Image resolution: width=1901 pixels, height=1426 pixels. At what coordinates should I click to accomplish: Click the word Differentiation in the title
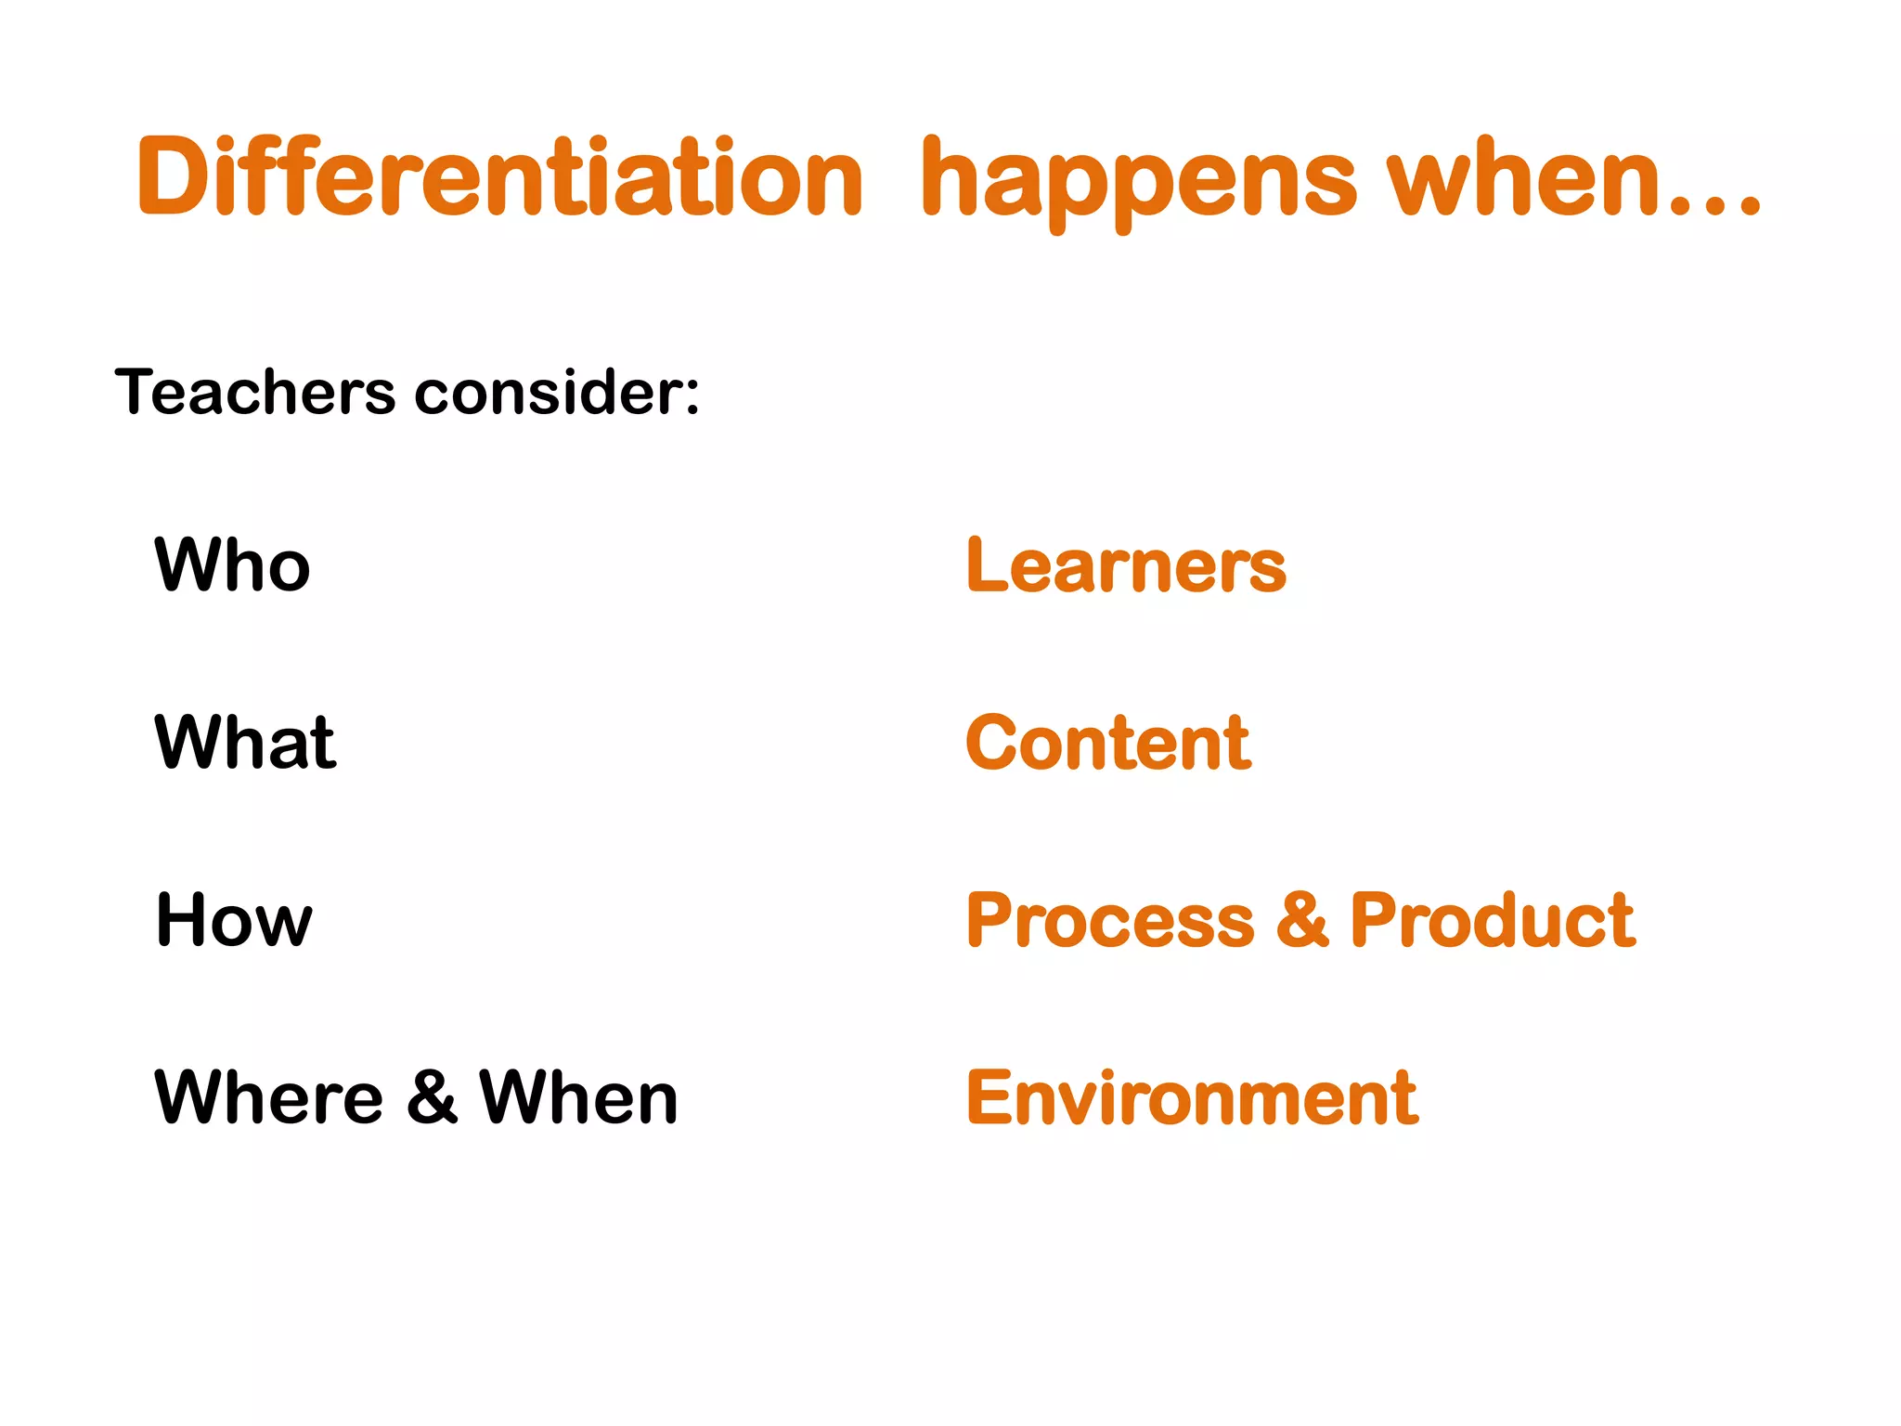pos(499,176)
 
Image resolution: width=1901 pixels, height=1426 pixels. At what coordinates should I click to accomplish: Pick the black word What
pos(245,742)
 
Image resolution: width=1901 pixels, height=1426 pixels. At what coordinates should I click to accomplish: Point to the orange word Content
pos(1108,742)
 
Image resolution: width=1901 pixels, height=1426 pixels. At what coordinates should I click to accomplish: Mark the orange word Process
pos(1110,921)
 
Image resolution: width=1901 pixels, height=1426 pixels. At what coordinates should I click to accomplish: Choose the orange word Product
pos(1493,921)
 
